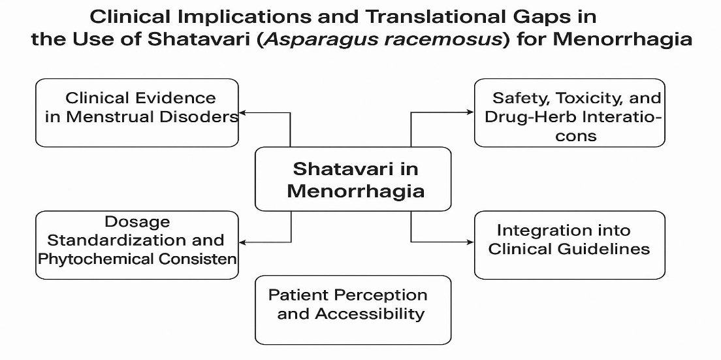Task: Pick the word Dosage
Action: click(x=137, y=222)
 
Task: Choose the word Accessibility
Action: click(x=369, y=314)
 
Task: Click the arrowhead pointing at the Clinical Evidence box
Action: click(x=243, y=112)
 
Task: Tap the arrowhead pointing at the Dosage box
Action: click(x=243, y=242)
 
